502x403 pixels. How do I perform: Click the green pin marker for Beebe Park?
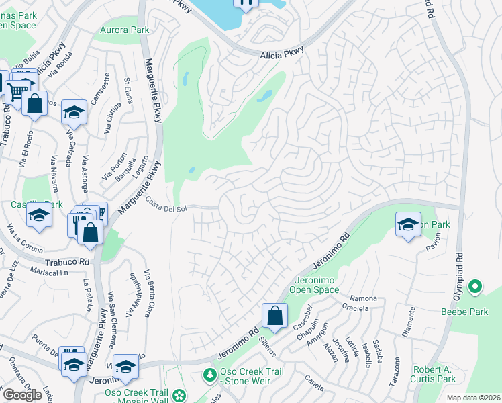[475, 288]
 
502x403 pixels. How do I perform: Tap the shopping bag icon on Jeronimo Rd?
[274, 315]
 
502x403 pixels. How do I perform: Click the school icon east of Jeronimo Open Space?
[407, 225]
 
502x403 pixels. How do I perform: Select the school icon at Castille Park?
[40, 216]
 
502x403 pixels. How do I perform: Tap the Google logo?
[22, 394]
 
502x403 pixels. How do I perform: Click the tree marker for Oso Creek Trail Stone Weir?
[209, 373]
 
